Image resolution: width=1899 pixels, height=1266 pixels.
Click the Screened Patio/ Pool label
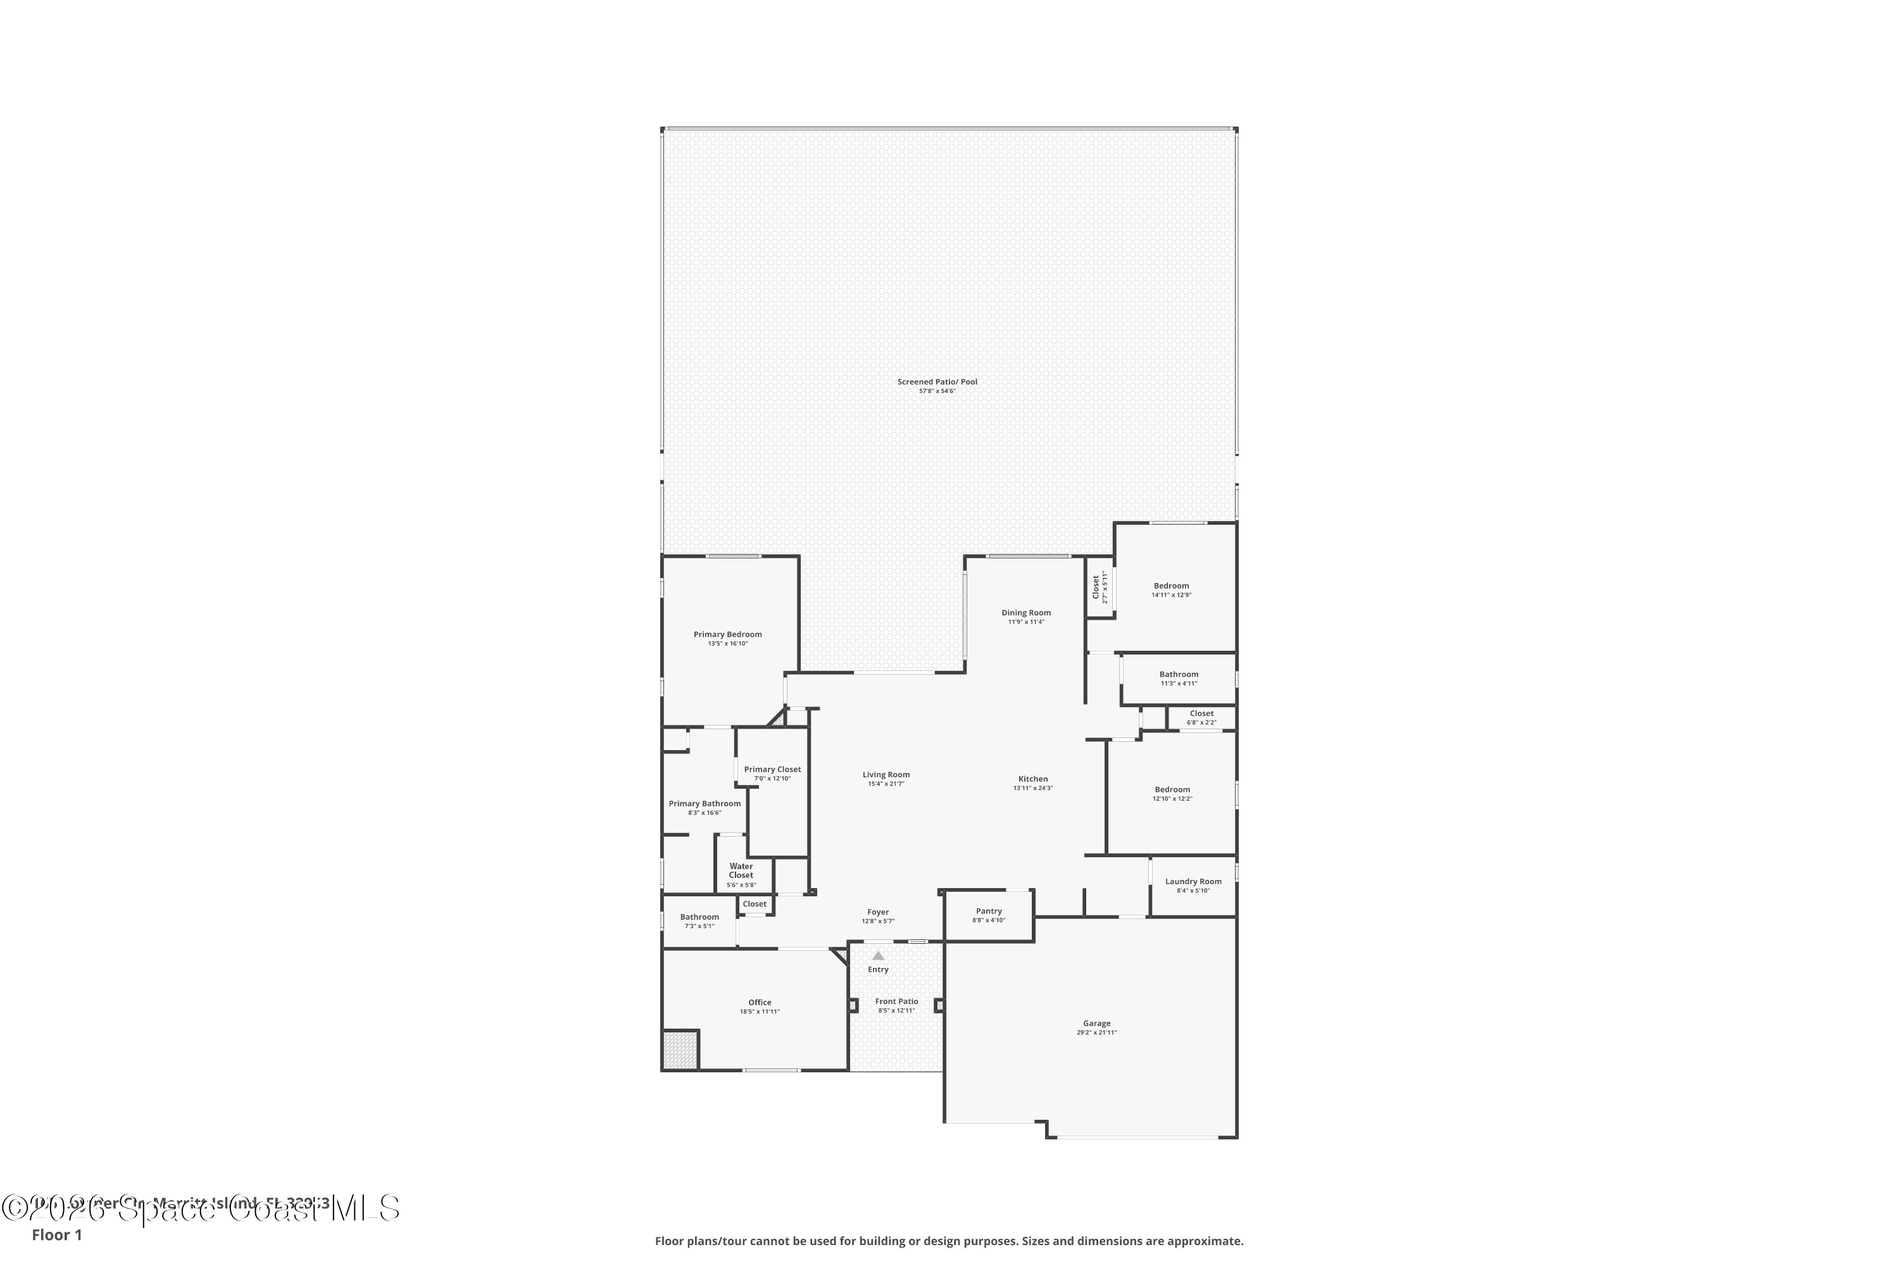[x=937, y=382]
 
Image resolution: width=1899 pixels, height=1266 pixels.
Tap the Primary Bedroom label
[x=727, y=635]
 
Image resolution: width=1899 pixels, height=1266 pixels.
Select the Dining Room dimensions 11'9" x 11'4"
[x=1025, y=622]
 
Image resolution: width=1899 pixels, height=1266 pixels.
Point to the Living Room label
[x=886, y=774]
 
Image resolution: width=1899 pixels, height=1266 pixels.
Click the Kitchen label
[x=1032, y=779]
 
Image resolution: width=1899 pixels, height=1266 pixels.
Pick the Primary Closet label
[x=772, y=770]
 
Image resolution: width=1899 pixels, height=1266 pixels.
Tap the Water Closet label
[x=741, y=870]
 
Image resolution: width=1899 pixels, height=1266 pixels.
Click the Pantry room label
[x=988, y=911]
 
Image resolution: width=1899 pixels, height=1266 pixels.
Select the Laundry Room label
[x=1193, y=882]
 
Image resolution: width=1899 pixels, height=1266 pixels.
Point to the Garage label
[x=1096, y=1024]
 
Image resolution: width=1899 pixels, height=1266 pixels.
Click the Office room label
[x=759, y=1003]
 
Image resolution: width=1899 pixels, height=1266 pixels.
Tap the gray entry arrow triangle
[x=877, y=956]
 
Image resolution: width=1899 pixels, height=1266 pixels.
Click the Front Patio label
[x=896, y=1001]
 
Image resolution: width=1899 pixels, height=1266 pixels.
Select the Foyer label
[x=877, y=912]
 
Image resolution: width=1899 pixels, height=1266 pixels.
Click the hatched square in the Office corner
[x=680, y=1050]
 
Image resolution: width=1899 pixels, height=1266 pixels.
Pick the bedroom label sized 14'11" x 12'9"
[x=1170, y=586]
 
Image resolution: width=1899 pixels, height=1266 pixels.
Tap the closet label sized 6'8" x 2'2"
[x=1201, y=714]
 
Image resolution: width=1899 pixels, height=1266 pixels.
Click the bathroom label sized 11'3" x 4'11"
[x=1178, y=674]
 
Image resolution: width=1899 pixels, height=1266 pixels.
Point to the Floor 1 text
[x=56, y=1234]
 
